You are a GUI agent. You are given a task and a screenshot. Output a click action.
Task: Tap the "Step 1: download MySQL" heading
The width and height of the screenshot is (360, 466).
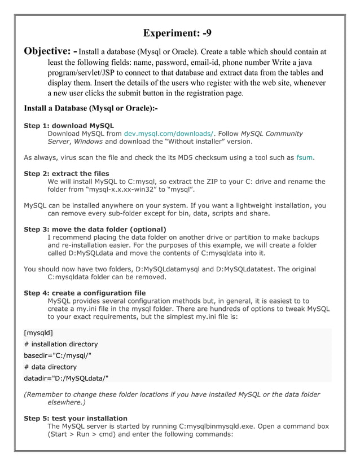69,125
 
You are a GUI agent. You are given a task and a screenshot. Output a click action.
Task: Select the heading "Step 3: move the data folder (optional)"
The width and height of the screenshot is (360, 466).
95,229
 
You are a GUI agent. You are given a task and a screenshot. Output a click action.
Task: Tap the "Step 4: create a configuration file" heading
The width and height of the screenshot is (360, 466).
85,293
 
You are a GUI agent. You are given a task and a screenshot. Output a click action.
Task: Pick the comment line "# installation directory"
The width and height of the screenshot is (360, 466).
60,344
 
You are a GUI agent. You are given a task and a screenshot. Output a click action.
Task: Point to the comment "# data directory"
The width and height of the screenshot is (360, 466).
50,367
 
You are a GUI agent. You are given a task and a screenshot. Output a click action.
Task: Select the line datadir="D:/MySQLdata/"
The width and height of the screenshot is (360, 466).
65,377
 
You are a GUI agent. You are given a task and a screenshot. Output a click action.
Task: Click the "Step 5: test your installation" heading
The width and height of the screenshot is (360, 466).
75,418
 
